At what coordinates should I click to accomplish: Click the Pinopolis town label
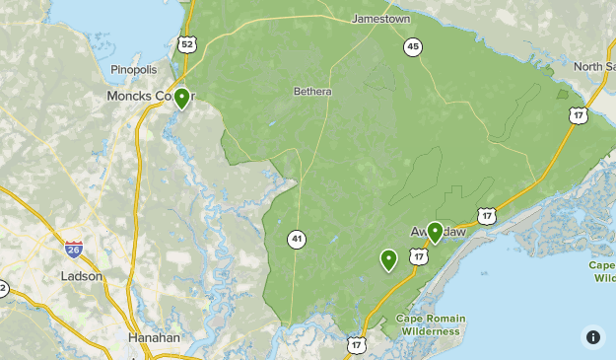(x=133, y=70)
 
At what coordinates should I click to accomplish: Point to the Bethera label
(x=312, y=92)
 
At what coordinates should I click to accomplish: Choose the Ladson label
(x=81, y=276)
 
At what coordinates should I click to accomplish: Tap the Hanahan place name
(x=155, y=337)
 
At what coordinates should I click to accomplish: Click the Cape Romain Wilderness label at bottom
(x=431, y=324)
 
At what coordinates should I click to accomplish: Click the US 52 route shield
(x=187, y=44)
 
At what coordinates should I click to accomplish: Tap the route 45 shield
(x=412, y=46)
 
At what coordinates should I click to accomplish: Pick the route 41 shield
(x=298, y=239)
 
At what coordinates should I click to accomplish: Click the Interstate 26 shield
(x=74, y=250)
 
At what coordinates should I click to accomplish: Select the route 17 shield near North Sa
(x=579, y=115)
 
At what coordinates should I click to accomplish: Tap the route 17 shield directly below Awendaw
(x=420, y=256)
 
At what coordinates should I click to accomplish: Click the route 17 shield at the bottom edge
(x=356, y=344)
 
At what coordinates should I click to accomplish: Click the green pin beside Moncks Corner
(x=181, y=99)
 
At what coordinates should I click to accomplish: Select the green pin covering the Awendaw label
(x=435, y=233)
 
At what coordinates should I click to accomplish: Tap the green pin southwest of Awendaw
(x=389, y=260)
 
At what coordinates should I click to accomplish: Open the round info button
(x=593, y=337)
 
